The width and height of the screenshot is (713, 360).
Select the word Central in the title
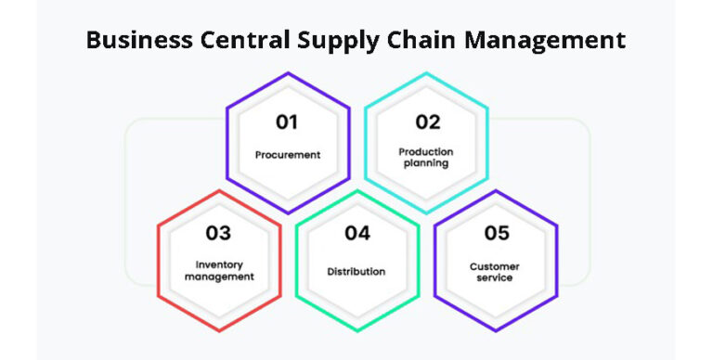[x=236, y=41]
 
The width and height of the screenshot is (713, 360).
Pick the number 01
[x=288, y=122]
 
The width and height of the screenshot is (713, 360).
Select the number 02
[x=427, y=122]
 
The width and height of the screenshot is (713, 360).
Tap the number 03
[x=219, y=234]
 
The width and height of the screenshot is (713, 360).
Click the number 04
[x=357, y=234]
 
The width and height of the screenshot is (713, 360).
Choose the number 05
[x=496, y=234]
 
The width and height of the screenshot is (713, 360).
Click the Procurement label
[x=288, y=155]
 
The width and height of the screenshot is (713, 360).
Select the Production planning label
[x=425, y=157]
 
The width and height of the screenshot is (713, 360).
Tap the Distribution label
[x=356, y=272]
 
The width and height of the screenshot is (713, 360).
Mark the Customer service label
[x=495, y=272]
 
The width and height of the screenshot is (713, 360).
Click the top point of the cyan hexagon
[x=426, y=73]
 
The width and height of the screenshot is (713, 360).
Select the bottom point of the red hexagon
[x=219, y=330]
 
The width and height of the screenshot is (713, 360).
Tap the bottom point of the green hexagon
[x=357, y=330]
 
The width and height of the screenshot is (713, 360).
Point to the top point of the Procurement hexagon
[x=288, y=73]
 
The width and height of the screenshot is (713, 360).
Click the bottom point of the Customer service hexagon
[x=496, y=330]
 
